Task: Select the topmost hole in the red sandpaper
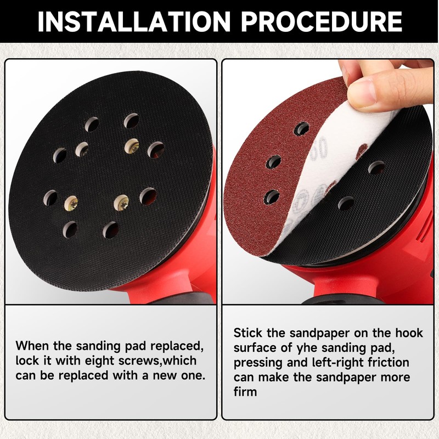point(301,129)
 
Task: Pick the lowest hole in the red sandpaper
point(272,196)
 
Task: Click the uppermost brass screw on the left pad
point(131,145)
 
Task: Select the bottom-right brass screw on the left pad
point(121,203)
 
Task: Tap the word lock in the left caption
point(26,361)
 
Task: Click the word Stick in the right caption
point(247,333)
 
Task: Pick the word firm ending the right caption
point(245,392)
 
